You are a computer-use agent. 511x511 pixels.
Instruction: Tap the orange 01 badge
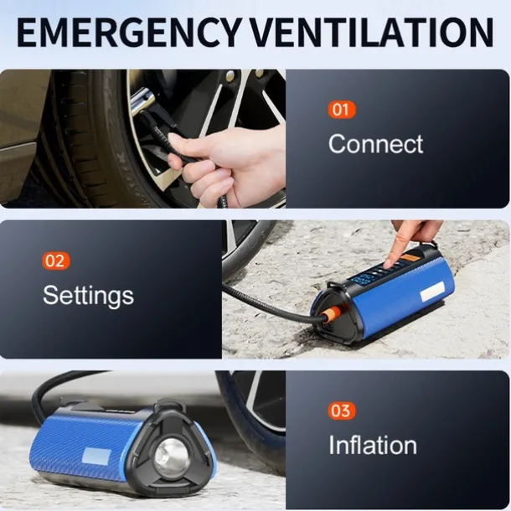(x=342, y=110)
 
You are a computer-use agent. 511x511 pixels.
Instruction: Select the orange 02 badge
(x=54, y=261)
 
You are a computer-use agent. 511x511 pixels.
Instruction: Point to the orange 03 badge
(x=341, y=410)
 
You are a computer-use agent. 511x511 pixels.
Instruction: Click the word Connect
(x=375, y=143)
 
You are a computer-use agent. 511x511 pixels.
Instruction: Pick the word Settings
(x=88, y=295)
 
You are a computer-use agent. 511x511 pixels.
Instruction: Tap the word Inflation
(x=372, y=445)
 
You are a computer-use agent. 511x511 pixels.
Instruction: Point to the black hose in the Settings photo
(x=260, y=300)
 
